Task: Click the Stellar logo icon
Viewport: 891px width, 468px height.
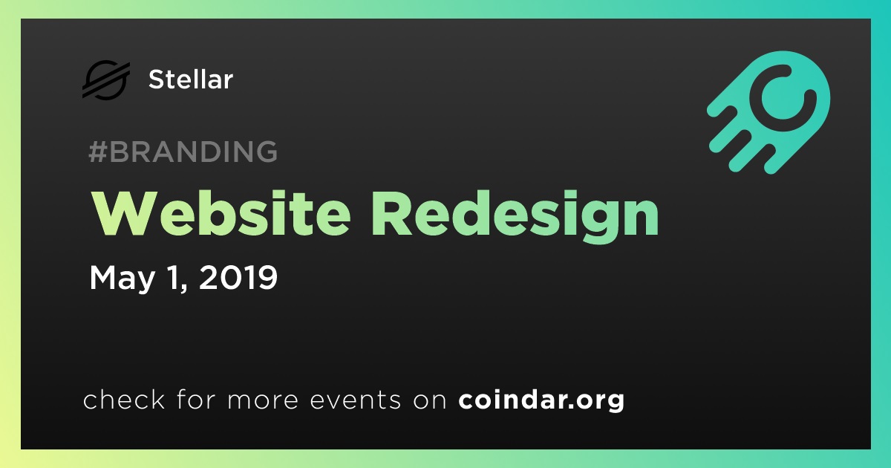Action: [106, 79]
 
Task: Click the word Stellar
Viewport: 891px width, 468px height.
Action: [191, 79]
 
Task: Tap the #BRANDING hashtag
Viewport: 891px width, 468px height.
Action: [183, 152]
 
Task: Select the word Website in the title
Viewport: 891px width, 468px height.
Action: [221, 214]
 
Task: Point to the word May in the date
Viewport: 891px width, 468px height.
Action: [122, 278]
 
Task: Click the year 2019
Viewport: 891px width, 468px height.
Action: [238, 277]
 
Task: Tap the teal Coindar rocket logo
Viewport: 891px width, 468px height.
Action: [768, 112]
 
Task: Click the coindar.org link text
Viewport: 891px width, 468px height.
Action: [541, 400]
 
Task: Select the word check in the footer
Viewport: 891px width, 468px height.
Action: [124, 399]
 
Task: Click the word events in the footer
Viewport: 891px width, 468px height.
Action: [355, 400]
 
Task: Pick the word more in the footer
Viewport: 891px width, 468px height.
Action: [263, 400]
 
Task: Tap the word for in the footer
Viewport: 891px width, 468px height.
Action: [196, 399]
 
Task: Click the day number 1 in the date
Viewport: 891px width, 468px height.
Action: [175, 278]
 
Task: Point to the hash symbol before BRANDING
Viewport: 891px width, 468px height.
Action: [98, 152]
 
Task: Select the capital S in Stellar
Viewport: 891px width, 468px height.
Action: [156, 79]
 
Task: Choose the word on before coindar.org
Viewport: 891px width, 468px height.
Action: [430, 400]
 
